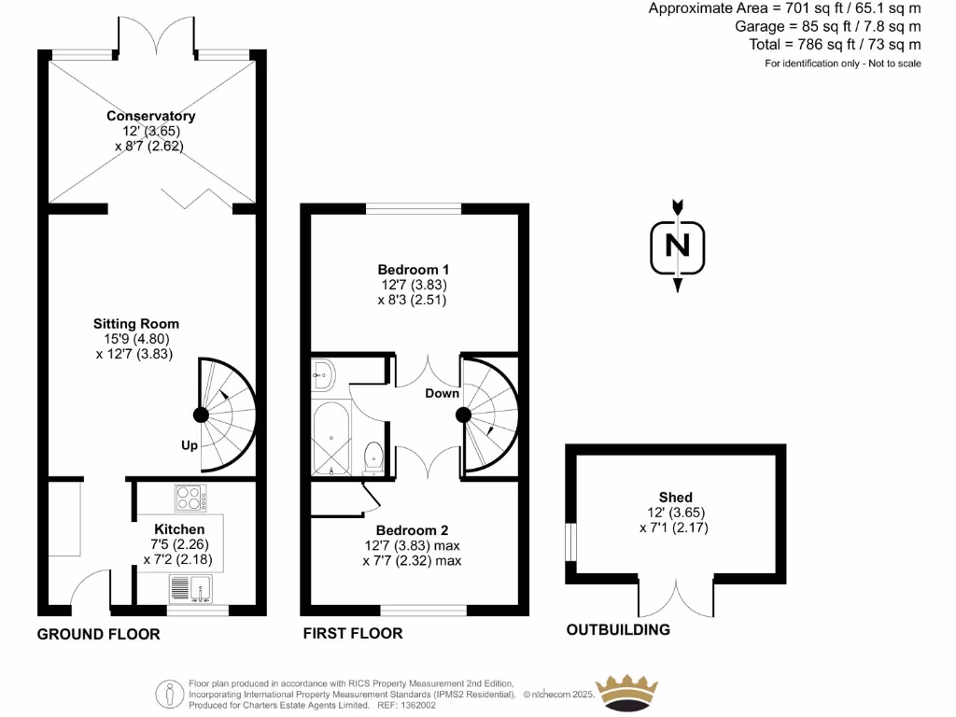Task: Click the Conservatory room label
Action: tap(150, 116)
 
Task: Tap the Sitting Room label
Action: tap(133, 323)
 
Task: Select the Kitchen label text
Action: tap(166, 528)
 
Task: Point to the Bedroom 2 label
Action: tap(413, 530)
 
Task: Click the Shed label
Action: tap(675, 497)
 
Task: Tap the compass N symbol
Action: tap(678, 246)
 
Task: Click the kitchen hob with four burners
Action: tap(190, 499)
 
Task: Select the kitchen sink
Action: tap(190, 589)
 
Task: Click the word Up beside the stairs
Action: tap(189, 445)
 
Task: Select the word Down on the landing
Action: tap(442, 393)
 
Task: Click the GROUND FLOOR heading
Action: tap(98, 634)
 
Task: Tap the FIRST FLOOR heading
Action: tap(353, 634)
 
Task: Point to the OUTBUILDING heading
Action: tap(618, 629)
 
